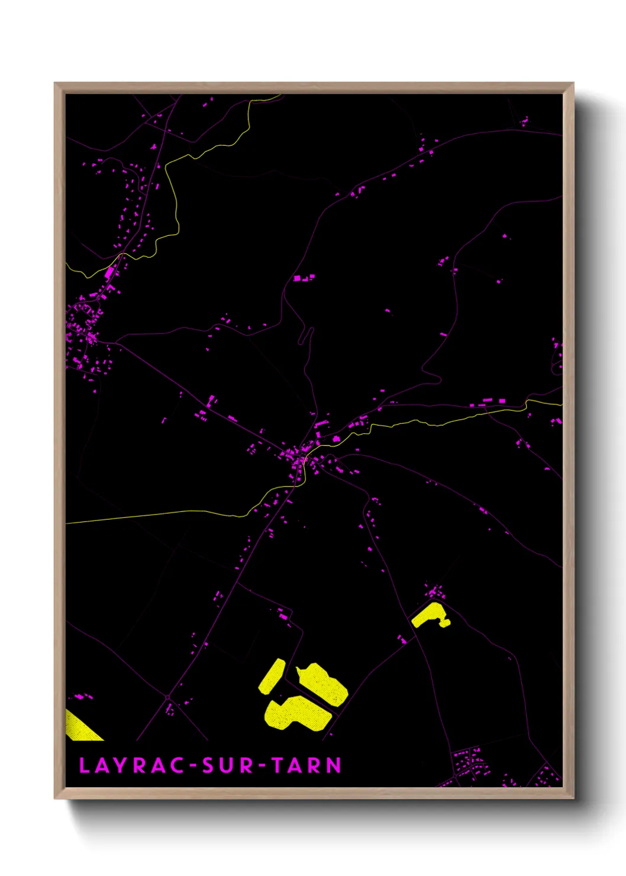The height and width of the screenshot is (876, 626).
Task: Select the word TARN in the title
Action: (306, 765)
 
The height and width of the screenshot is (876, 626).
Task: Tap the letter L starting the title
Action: (84, 765)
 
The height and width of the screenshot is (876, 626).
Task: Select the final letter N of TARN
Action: (334, 765)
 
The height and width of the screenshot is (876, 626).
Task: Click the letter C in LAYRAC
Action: (176, 765)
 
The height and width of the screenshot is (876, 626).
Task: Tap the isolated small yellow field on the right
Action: (430, 616)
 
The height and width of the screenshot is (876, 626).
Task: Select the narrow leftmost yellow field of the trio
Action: (272, 676)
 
